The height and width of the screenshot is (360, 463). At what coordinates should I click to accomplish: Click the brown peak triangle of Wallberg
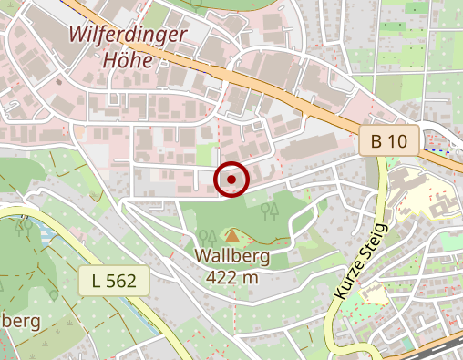(231, 236)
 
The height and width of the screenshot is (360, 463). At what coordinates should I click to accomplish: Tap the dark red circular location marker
(231, 180)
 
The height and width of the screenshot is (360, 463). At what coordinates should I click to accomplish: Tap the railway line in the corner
(437, 346)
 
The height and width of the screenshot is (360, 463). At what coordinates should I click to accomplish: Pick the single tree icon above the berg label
(55, 295)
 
